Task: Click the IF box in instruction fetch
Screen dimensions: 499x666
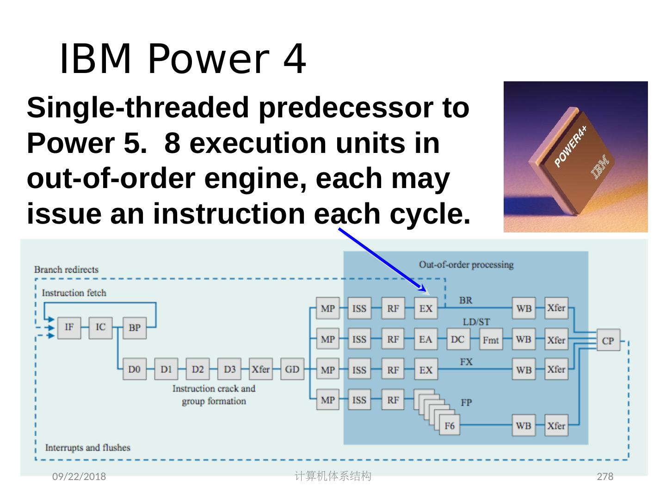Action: [69, 328]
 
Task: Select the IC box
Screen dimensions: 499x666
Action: [100, 328]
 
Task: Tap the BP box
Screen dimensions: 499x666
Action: [135, 328]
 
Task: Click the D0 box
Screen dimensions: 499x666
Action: [135, 369]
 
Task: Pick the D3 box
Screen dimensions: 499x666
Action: [229, 369]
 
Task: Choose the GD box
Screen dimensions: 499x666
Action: [292, 369]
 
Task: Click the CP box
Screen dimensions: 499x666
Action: [608, 341]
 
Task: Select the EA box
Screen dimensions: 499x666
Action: [425, 340]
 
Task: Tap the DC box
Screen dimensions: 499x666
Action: [457, 340]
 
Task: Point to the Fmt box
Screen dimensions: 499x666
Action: [491, 340]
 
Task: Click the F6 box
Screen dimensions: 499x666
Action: [450, 426]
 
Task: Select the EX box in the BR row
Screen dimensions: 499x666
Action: [425, 309]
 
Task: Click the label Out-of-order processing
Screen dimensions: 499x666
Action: [466, 265]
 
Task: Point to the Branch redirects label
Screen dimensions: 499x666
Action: [66, 269]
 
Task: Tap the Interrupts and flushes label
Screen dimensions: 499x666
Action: [87, 447]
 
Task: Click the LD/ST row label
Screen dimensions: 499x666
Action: [476, 322]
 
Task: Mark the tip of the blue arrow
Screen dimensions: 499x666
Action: [426, 292]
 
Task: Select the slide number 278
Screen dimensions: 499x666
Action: [605, 476]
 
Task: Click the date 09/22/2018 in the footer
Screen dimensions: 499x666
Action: [79, 476]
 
